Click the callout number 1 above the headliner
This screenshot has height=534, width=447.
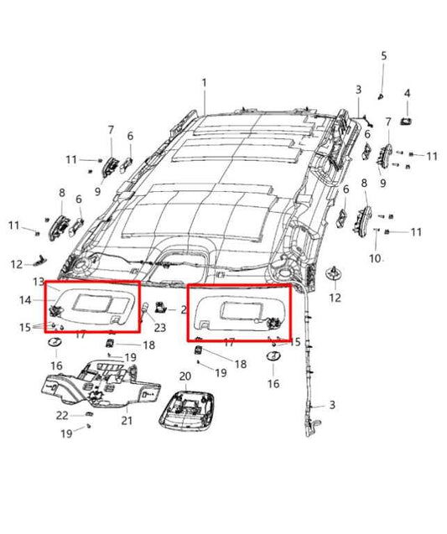[x=203, y=83]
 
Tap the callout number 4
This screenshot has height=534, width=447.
[x=407, y=93]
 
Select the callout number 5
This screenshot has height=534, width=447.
[x=384, y=56]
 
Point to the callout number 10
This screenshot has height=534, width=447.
[x=375, y=258]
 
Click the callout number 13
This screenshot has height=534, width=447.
[x=38, y=281]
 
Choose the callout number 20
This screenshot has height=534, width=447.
[x=185, y=376]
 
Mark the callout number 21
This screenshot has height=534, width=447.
[x=127, y=420]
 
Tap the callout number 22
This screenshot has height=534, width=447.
[x=62, y=416]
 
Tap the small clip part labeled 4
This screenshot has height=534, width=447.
[x=407, y=121]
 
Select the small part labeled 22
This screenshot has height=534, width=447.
[x=87, y=414]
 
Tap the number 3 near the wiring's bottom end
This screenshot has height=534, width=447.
[x=331, y=405]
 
